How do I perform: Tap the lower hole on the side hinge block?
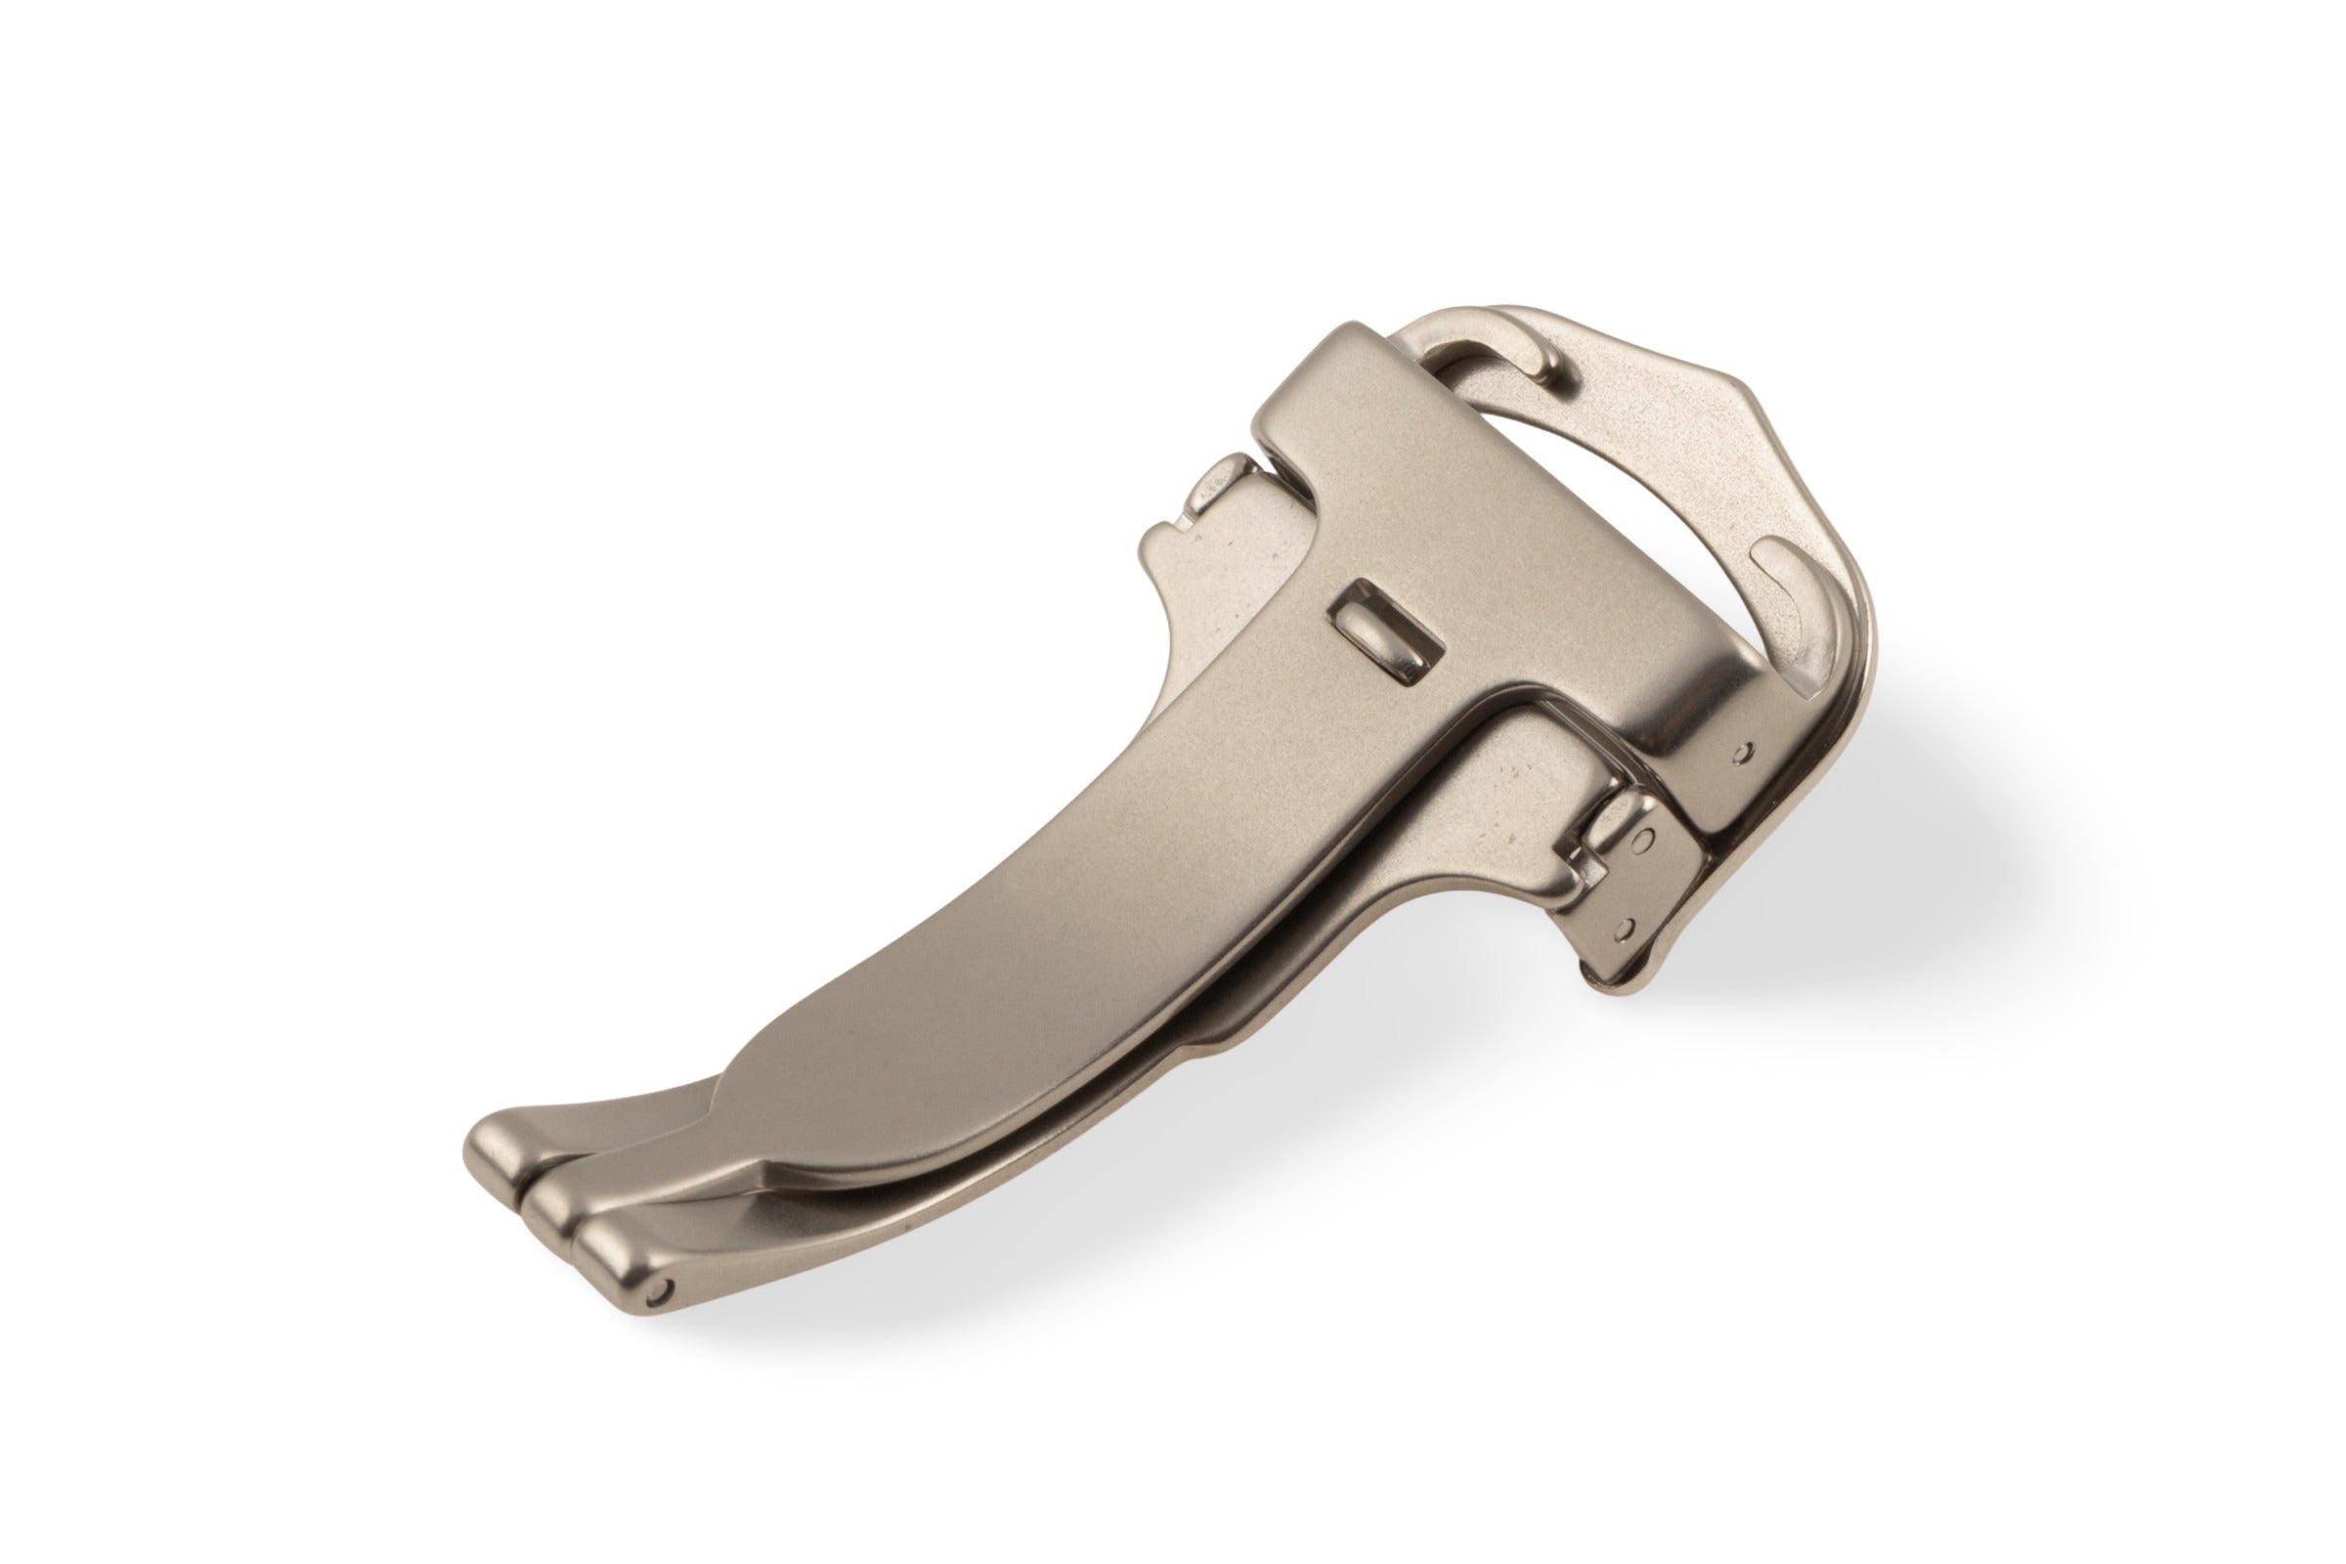(1627, 929)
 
